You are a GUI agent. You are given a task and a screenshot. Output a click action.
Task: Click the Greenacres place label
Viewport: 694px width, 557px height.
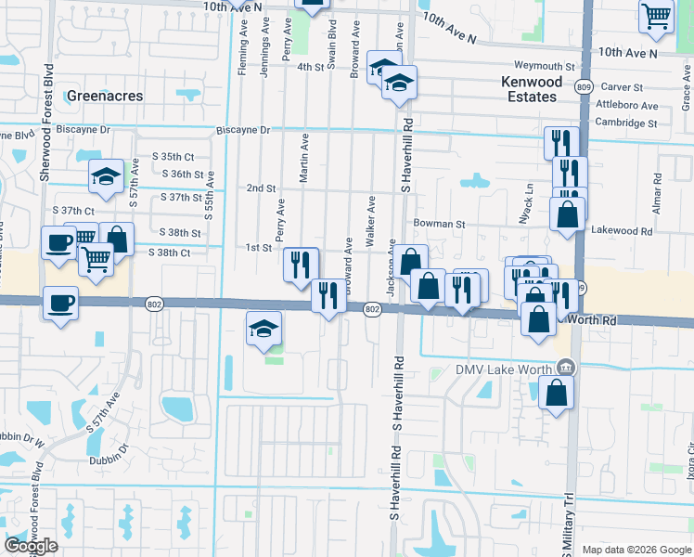(102, 95)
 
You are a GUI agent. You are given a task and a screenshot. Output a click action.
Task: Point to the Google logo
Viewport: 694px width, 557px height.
(31, 546)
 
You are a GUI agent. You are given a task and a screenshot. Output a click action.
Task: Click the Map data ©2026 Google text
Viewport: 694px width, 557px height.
(636, 550)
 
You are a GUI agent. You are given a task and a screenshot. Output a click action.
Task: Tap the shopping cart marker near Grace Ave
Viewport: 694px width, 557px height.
(656, 16)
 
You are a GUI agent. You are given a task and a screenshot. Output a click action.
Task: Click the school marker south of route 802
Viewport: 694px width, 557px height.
(264, 329)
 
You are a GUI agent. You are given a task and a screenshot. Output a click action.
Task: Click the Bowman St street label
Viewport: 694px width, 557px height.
(439, 224)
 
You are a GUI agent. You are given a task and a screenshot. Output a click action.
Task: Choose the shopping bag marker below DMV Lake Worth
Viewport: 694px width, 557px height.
(556, 393)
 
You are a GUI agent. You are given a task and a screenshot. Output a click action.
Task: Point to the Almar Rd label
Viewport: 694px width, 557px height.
(656, 190)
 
